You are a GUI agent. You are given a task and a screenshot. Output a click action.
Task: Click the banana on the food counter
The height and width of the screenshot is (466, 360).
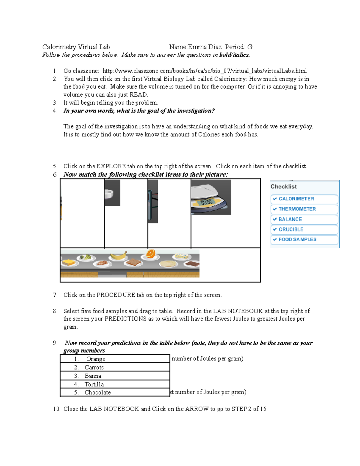pos(118,256)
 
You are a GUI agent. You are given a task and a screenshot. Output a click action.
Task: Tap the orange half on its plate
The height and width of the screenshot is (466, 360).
pos(150,254)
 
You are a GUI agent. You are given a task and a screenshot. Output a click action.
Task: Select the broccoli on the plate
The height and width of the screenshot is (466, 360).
pos(86,257)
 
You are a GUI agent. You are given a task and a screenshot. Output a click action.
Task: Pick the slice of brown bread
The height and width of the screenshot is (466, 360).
pos(134,263)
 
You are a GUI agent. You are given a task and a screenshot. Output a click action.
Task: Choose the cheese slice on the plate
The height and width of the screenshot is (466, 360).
pos(69,263)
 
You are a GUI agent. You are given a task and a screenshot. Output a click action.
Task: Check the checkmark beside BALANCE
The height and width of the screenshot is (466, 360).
pos(275,219)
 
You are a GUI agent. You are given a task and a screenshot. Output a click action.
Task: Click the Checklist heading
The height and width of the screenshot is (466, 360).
pos(283,187)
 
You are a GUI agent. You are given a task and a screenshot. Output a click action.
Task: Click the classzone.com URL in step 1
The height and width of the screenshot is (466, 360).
pos(204,71)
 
